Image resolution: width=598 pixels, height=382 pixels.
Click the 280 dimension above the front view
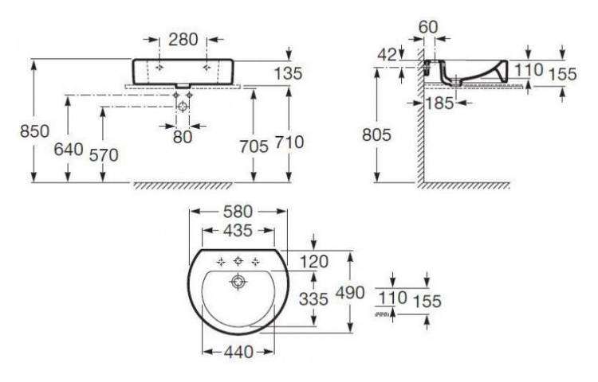[183, 39]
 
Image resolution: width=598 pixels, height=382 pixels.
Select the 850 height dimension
[35, 131]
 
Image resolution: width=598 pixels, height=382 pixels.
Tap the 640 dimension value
[69, 149]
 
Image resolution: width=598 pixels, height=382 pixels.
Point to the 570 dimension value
[104, 155]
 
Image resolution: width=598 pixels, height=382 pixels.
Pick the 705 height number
[254, 146]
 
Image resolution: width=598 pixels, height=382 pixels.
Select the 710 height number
[289, 142]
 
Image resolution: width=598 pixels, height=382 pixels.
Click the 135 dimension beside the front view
[288, 73]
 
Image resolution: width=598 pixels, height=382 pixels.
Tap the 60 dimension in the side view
[428, 26]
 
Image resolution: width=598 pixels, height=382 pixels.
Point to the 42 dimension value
[388, 55]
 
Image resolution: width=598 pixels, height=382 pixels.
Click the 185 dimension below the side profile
[439, 103]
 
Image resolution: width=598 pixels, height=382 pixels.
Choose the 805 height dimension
[377, 134]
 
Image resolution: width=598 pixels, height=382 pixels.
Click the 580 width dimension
[238, 212]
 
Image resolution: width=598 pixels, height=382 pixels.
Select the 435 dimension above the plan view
[238, 231]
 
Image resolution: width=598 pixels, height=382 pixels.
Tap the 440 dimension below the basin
[238, 352]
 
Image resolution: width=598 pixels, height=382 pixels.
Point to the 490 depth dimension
[350, 293]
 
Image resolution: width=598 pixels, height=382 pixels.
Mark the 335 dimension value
[313, 299]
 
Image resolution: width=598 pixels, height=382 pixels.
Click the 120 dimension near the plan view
[314, 262]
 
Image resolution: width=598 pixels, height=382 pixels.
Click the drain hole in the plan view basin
[238, 282]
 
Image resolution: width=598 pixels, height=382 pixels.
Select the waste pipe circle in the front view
[183, 107]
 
